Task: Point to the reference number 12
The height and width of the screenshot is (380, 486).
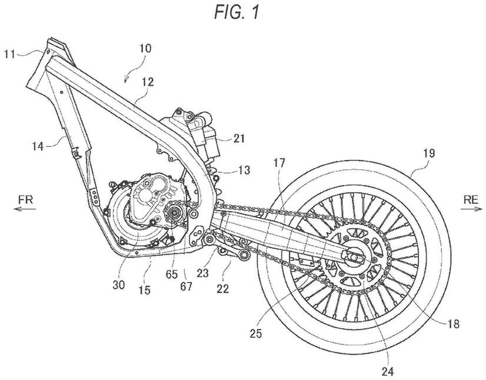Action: point(147,84)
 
